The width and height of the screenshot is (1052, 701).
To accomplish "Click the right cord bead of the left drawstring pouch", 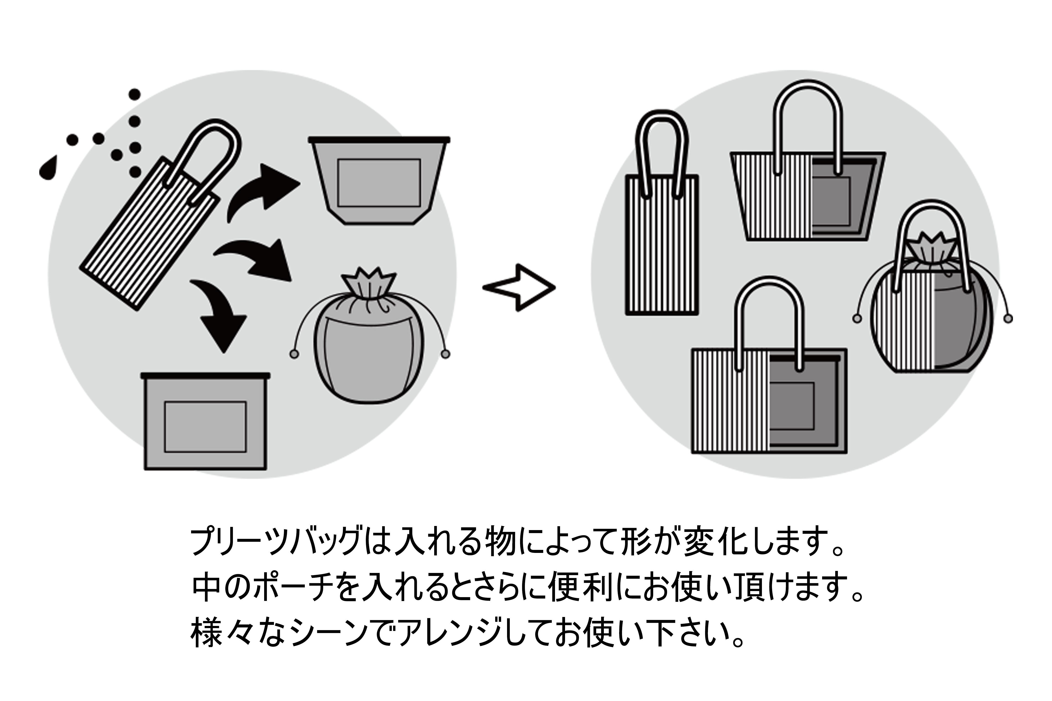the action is coord(445,355).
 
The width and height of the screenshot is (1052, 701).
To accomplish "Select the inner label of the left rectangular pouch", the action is coord(205,427).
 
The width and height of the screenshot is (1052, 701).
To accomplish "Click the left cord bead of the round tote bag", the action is coord(857,319).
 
